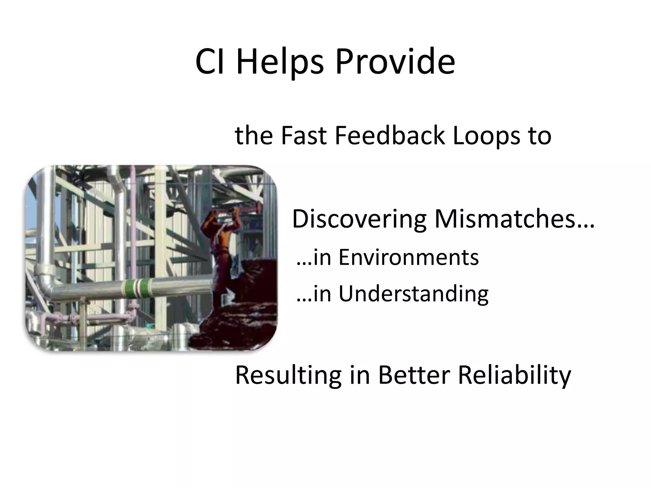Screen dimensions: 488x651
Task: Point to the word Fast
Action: tap(304, 136)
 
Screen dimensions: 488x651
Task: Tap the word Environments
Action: tap(408, 257)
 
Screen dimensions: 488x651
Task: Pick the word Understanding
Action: tap(413, 294)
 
